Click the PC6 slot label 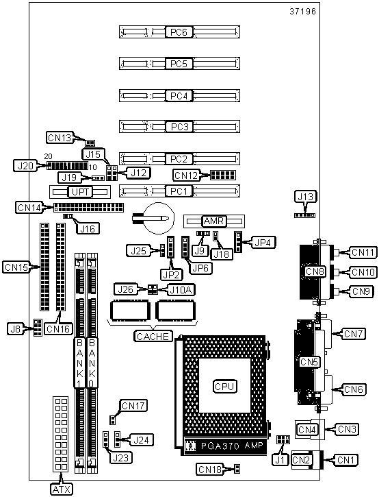pos(179,32)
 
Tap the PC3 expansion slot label pos(179,127)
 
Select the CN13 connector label pos(60,138)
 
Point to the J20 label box pos(25,165)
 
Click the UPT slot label pos(81,192)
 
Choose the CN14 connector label pos(29,208)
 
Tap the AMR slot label pos(214,221)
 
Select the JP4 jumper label pos(263,242)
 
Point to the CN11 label pos(363,252)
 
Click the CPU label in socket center pos(224,387)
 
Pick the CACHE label pos(153,336)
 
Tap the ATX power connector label pos(62,489)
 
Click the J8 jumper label pos(16,328)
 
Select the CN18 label pos(209,469)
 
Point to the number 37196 pos(303,12)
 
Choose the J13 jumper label pos(305,197)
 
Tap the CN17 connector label pos(133,405)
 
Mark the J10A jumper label pos(181,289)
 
